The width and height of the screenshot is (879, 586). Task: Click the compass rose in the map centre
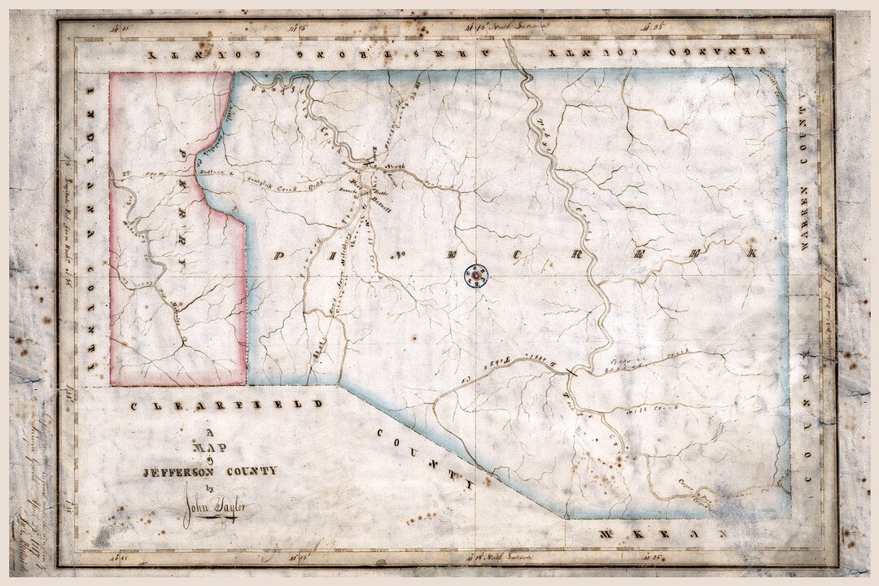[475, 277]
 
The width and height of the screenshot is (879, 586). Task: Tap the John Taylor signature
[216, 509]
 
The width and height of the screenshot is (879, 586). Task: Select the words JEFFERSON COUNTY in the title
[209, 470]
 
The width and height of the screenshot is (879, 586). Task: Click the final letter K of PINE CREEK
[753, 253]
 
